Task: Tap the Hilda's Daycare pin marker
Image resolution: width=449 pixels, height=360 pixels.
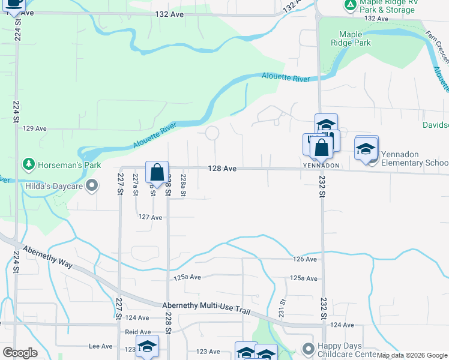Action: click(x=91, y=187)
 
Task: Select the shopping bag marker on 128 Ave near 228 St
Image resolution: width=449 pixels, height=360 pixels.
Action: click(x=157, y=173)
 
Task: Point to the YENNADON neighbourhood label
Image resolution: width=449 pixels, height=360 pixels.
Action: click(x=321, y=166)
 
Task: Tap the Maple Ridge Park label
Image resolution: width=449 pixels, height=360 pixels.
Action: click(x=355, y=38)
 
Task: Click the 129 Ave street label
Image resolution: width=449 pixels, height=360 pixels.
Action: click(x=35, y=128)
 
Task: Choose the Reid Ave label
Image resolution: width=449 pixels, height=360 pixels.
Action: click(x=138, y=332)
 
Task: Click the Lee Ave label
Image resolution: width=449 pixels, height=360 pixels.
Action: click(x=101, y=346)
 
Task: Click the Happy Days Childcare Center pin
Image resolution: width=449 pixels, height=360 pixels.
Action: click(x=308, y=349)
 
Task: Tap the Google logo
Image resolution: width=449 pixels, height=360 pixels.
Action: click(x=20, y=353)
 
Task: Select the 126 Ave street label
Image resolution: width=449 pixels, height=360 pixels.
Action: click(x=305, y=259)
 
